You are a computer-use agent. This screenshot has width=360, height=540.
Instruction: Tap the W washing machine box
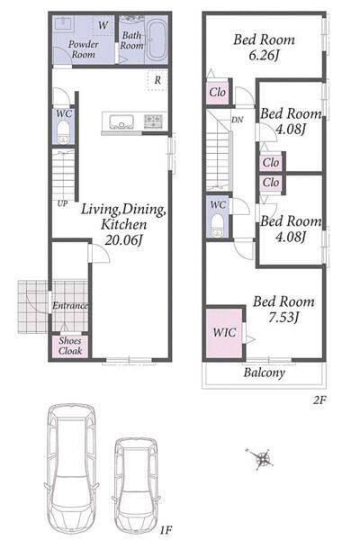coord(103,25)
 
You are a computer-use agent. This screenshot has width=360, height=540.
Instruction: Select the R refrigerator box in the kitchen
coord(157,80)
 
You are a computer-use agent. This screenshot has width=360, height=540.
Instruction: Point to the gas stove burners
coord(153,121)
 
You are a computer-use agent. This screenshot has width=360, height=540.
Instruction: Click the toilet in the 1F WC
coord(63,131)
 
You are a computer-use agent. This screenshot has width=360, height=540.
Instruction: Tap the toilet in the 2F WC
coord(217,225)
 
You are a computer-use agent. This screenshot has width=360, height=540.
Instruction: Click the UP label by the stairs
coord(62,203)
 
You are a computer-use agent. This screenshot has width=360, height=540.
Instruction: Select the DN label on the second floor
coord(237,120)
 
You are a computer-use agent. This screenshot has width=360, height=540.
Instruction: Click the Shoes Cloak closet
coord(70,346)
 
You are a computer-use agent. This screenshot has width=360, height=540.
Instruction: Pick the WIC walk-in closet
coord(224,333)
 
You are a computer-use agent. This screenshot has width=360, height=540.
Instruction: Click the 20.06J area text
coord(123,240)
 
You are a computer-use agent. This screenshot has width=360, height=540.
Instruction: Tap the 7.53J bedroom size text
coord(283,317)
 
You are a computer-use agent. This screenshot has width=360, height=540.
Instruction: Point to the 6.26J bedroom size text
coord(263,55)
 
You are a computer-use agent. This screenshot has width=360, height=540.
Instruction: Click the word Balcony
coord(265,373)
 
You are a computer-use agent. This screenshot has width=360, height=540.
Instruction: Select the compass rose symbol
coord(262,459)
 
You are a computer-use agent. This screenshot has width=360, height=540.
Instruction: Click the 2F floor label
coord(319,400)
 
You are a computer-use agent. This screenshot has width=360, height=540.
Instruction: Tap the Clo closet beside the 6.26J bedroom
coord(218,93)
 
